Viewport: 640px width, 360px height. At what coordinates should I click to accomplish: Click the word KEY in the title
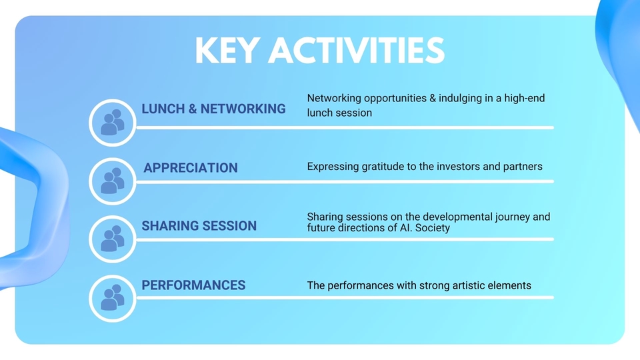pos(228,51)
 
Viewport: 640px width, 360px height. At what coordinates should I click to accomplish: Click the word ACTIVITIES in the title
pos(356,51)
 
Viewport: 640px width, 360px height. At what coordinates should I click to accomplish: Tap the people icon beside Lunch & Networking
pos(112,122)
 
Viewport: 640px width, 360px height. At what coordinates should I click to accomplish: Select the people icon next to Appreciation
pos(112,181)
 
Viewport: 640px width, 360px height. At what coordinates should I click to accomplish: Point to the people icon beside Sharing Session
pos(112,239)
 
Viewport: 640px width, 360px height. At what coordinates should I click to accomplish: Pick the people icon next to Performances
pos(112,297)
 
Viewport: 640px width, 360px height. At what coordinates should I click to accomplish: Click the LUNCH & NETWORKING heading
pos(213,109)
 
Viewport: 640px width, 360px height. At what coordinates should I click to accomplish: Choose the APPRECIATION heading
pos(191,168)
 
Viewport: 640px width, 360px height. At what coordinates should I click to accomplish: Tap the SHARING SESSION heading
pos(199,226)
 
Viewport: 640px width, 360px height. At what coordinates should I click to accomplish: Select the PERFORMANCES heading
pos(193,285)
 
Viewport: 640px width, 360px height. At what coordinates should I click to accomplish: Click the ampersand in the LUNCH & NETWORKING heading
pos(193,109)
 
